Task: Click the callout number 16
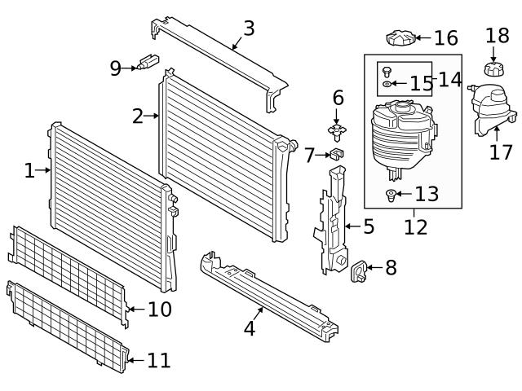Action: [446, 37]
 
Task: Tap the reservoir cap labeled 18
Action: [492, 68]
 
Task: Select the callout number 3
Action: [249, 29]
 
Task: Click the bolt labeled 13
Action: [391, 195]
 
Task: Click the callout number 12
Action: [415, 226]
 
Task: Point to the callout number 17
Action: [501, 152]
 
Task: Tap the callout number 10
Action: [160, 310]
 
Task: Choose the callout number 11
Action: [159, 359]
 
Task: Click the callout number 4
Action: [250, 328]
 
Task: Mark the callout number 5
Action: [368, 226]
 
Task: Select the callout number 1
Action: [29, 170]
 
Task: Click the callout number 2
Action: [138, 116]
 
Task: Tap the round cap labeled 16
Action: [399, 37]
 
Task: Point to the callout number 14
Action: [449, 79]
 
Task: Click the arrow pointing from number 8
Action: [374, 267]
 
